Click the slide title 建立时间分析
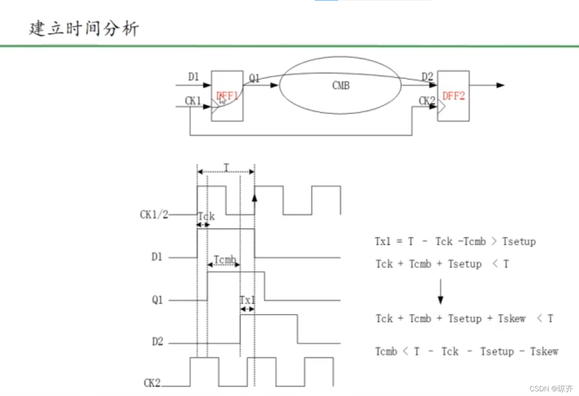84,29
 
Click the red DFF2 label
453,96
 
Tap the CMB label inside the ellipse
341,86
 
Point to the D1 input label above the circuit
193,77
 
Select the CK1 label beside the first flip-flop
193,101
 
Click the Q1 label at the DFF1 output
254,78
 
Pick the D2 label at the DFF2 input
427,77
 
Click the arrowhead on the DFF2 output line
500,85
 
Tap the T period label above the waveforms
226,167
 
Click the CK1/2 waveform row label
154,214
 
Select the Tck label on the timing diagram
206,216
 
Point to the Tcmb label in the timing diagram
225,259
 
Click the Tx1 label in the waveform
247,300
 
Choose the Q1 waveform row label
157,300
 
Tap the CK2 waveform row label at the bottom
152,383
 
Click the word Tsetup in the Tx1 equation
519,242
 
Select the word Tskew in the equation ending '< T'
511,319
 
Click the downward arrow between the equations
440,292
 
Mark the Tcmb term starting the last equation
386,352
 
